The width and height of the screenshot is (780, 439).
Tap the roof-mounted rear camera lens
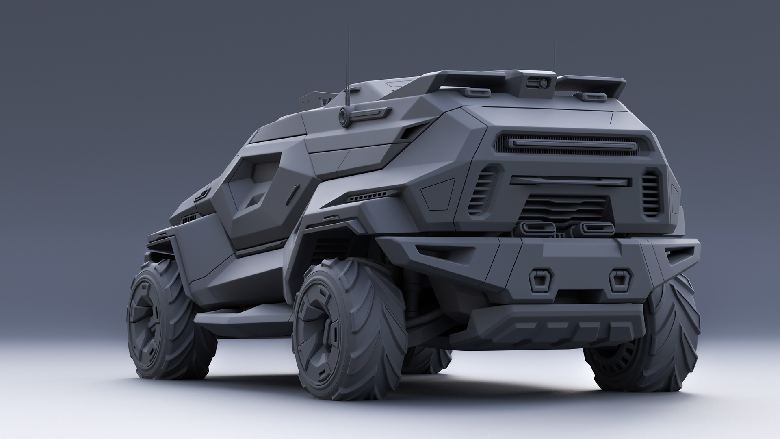(543, 83)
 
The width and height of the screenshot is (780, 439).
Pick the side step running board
(244, 317)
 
